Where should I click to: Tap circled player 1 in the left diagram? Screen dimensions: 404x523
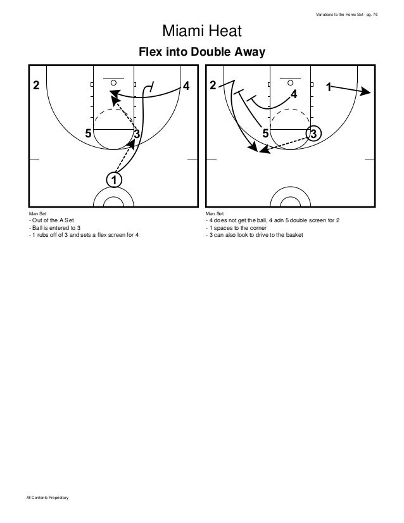[113, 180]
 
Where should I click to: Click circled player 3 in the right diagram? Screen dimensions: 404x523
[315, 134]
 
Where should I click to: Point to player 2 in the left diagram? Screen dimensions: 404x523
[36, 85]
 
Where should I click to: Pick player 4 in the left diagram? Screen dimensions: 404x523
[186, 85]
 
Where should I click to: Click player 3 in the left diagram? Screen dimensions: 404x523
[136, 134]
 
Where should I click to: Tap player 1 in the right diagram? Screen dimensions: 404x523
[329, 85]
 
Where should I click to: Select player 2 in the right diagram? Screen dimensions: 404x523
[213, 85]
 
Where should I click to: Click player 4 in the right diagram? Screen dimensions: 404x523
[294, 94]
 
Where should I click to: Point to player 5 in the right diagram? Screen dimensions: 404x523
[265, 134]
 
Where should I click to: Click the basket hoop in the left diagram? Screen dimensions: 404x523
[114, 82]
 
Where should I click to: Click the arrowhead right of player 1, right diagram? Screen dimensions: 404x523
[366, 92]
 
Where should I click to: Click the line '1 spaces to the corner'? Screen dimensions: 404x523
[236, 227]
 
